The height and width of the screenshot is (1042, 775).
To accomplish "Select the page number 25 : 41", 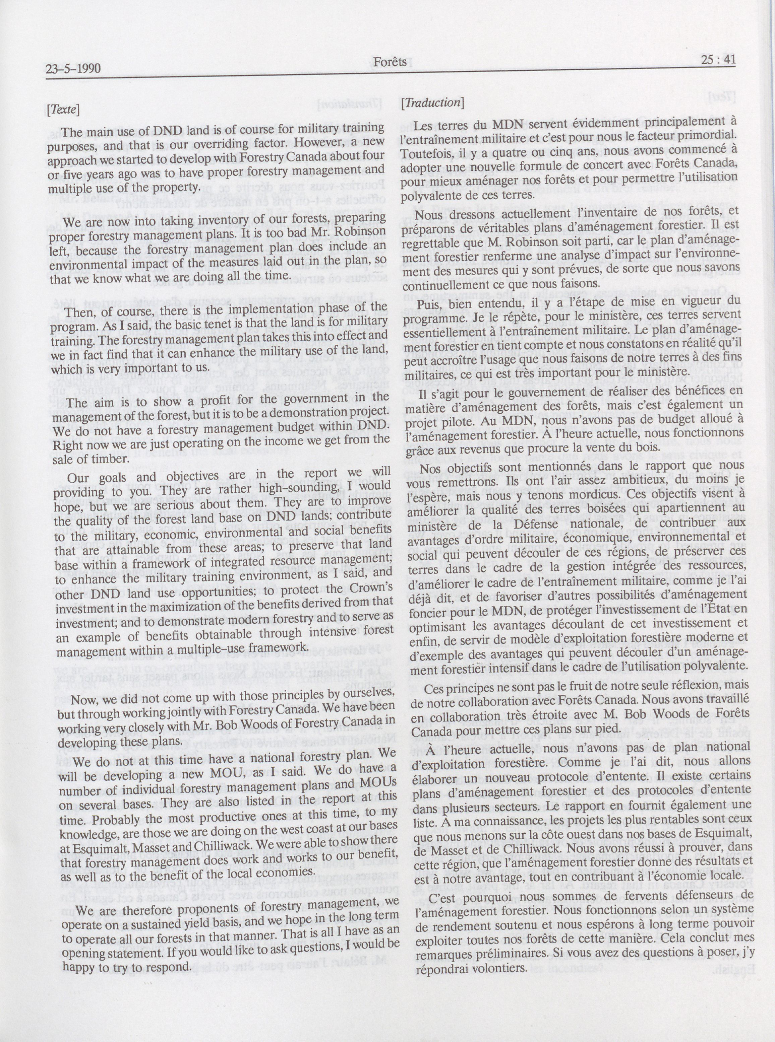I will point(718,60).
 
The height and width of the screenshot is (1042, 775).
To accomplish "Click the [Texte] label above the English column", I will point(63,110).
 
